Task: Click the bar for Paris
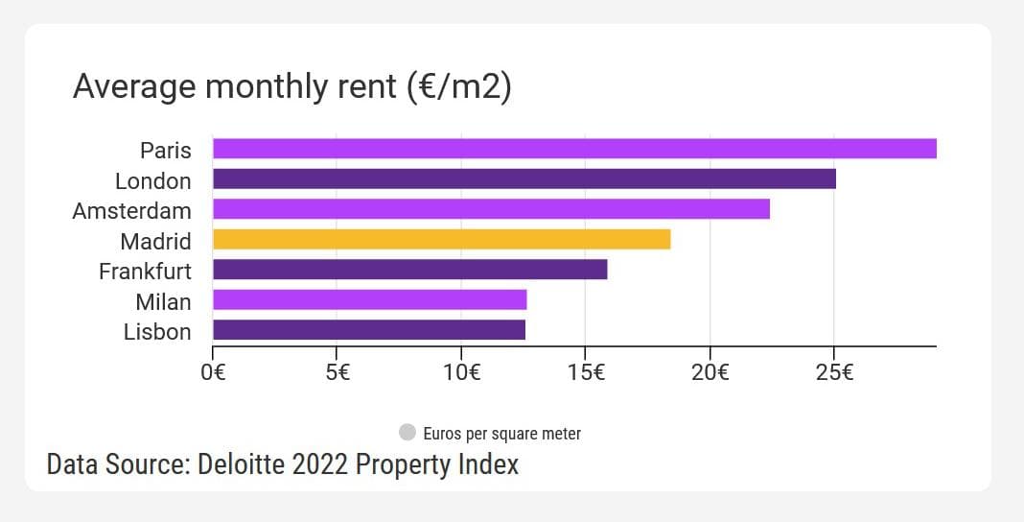[x=573, y=149]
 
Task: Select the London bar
[x=524, y=179]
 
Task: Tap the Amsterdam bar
[x=491, y=209]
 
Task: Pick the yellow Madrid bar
[x=441, y=240]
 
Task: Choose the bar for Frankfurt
[x=409, y=270]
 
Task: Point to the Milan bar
[x=369, y=300]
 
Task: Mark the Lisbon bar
[x=368, y=330]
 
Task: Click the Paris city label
[x=165, y=151]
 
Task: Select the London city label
[x=152, y=181]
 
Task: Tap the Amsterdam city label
[x=131, y=211]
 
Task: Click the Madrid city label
[x=155, y=242]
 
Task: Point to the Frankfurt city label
[x=145, y=272]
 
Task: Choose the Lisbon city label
[x=157, y=332]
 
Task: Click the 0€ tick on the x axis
[x=213, y=372]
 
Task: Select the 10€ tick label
[x=461, y=372]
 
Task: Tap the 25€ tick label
[x=834, y=372]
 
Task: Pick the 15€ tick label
[x=586, y=372]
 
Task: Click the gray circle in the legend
[x=407, y=433]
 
